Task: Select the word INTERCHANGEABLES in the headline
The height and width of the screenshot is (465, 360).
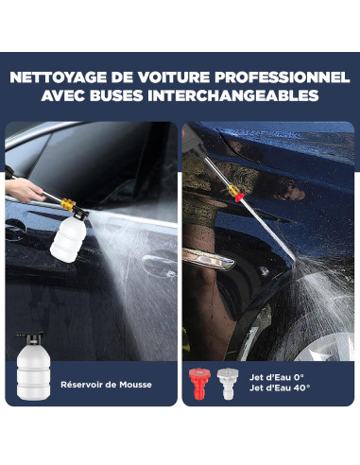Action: [233, 95]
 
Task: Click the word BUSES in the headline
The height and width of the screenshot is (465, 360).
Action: [116, 95]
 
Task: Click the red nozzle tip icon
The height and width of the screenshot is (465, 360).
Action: [198, 384]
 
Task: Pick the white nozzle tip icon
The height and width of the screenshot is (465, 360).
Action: [228, 384]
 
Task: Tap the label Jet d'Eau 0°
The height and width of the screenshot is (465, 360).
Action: [277, 377]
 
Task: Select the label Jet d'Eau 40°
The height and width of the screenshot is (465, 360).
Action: [280, 387]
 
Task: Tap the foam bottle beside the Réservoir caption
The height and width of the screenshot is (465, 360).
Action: [33, 367]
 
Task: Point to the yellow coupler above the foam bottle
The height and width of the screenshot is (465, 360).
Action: [68, 204]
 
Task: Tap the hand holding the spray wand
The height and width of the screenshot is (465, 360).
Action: [23, 189]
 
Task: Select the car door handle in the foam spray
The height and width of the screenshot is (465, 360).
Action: [159, 264]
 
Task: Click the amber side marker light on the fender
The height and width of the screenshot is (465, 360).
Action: [208, 259]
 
